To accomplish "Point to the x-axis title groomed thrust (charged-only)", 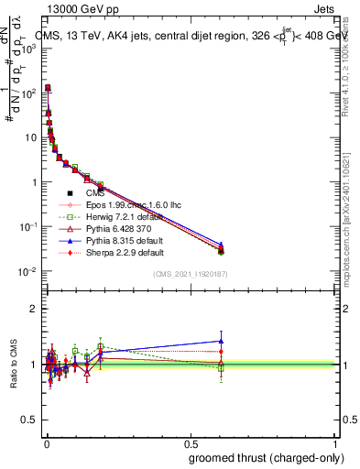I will click(271, 456).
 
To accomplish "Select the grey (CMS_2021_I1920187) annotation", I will click(190, 274).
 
